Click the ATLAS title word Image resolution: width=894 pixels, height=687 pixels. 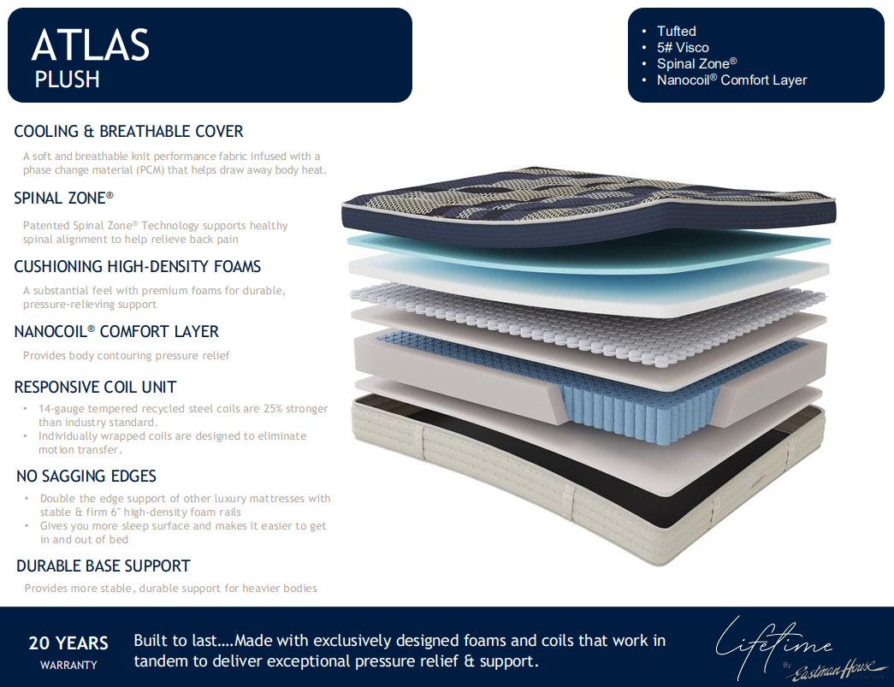[91, 45]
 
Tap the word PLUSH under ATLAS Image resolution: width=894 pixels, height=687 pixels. [68, 80]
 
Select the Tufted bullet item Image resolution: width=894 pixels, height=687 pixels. [676, 32]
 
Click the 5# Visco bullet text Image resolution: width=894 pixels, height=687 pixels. [683, 48]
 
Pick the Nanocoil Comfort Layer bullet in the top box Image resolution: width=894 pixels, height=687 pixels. [731, 80]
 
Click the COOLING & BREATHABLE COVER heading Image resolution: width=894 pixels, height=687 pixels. [129, 132]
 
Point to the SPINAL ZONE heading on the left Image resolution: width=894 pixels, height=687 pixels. [64, 198]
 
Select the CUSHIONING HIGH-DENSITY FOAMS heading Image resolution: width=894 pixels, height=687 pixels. [138, 267]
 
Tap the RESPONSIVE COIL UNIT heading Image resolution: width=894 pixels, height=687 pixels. [95, 388]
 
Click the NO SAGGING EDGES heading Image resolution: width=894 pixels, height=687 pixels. [86, 477]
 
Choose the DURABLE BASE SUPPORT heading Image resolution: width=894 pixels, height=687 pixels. [104, 566]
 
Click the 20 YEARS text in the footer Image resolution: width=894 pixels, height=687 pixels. [68, 643]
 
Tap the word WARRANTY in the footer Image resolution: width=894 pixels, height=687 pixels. [68, 666]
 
